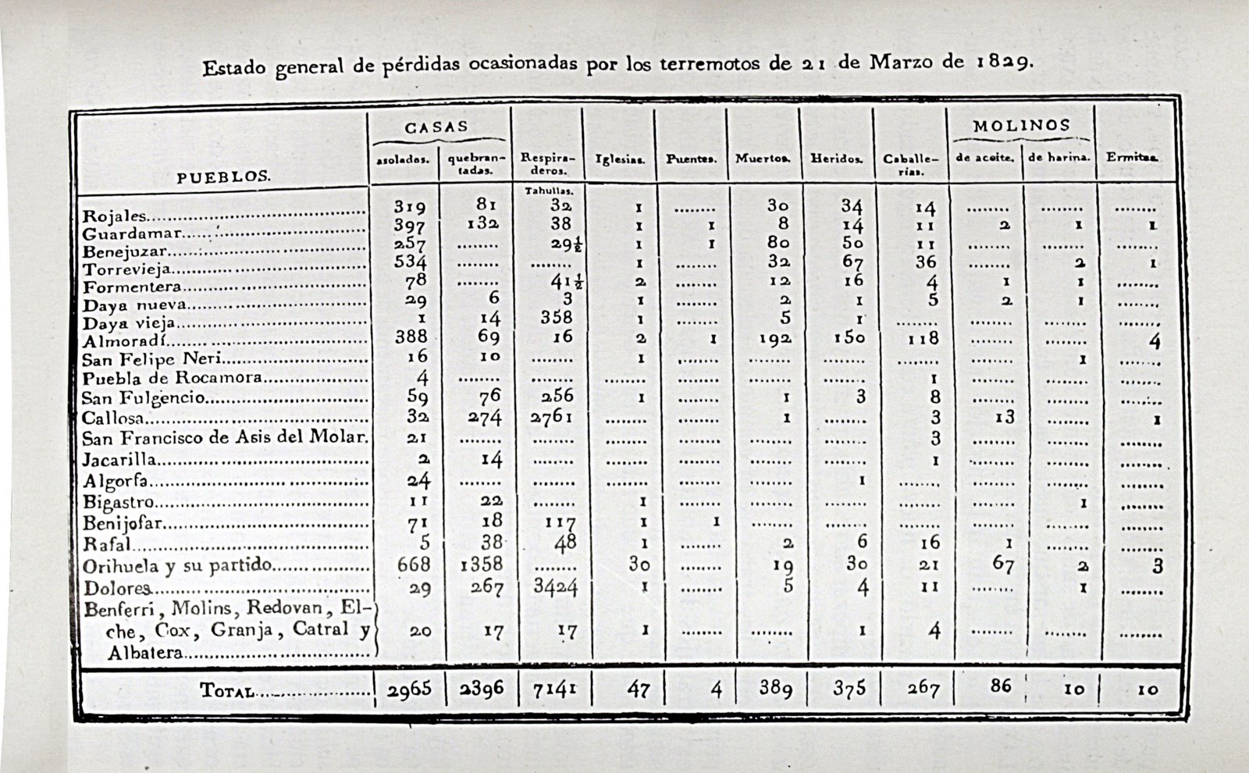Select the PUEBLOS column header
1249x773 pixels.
coord(223,176)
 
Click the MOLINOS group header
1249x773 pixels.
coord(1021,126)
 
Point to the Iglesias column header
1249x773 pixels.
coord(620,159)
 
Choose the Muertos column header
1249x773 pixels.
coord(763,159)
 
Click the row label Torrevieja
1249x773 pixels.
coord(127,269)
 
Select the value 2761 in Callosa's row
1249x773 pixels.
coord(551,417)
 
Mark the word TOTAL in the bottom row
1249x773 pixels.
coord(226,691)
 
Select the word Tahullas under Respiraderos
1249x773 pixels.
coord(549,191)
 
